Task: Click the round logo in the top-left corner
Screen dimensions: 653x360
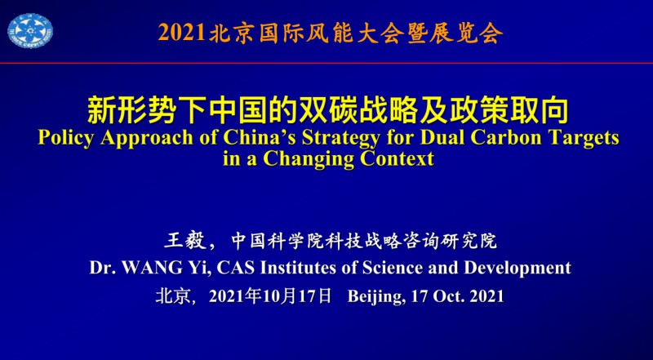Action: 30,30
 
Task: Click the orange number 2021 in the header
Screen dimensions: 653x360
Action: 182,33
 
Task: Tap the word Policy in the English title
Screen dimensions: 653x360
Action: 64,138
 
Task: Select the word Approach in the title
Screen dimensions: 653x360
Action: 147,139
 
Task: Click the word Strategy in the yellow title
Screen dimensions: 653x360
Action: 340,139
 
